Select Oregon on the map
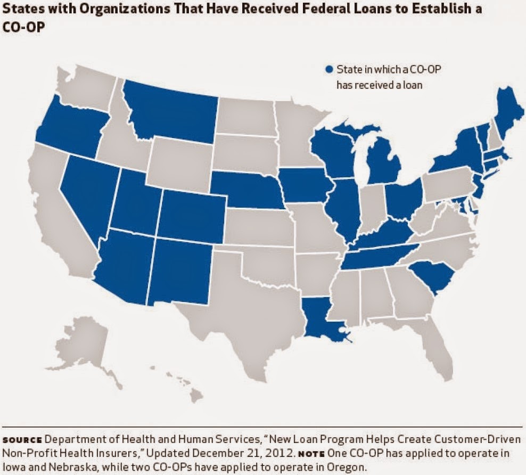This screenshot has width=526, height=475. [69, 122]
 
